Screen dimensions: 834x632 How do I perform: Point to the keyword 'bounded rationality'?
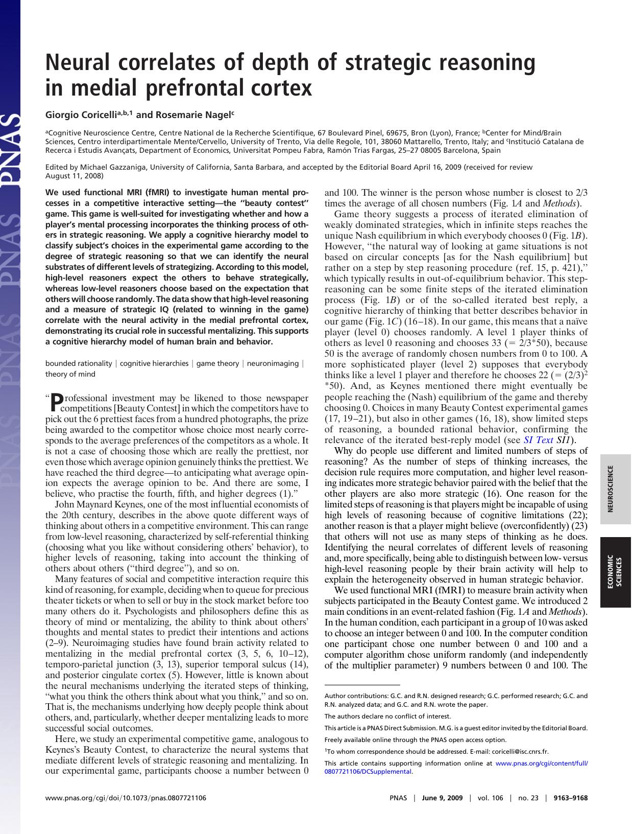(79, 363)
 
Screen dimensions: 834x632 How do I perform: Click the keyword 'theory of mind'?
(70, 374)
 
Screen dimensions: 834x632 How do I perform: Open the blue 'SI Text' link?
(538, 440)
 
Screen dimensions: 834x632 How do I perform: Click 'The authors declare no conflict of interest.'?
(387, 716)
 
